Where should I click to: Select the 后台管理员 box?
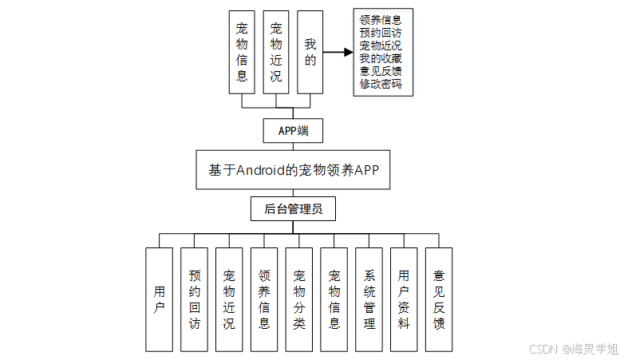point(293,209)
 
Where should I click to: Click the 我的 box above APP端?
point(310,53)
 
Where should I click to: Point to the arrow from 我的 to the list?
point(338,53)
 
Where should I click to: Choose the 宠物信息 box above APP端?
point(242,53)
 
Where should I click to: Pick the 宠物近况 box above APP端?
point(276,53)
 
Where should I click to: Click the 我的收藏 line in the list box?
point(381,57)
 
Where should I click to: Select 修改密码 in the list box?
point(381,83)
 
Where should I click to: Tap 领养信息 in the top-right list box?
point(381,19)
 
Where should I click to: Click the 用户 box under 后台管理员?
point(159,299)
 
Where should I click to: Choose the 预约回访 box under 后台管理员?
point(194,299)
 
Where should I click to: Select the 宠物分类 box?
point(299,299)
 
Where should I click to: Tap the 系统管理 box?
point(369,299)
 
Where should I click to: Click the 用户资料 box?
point(404,299)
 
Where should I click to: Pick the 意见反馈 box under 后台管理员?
point(439,299)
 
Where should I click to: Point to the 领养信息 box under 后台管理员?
point(264,299)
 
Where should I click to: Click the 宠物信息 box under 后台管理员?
point(334,299)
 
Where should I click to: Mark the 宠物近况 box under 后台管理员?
point(229,299)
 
